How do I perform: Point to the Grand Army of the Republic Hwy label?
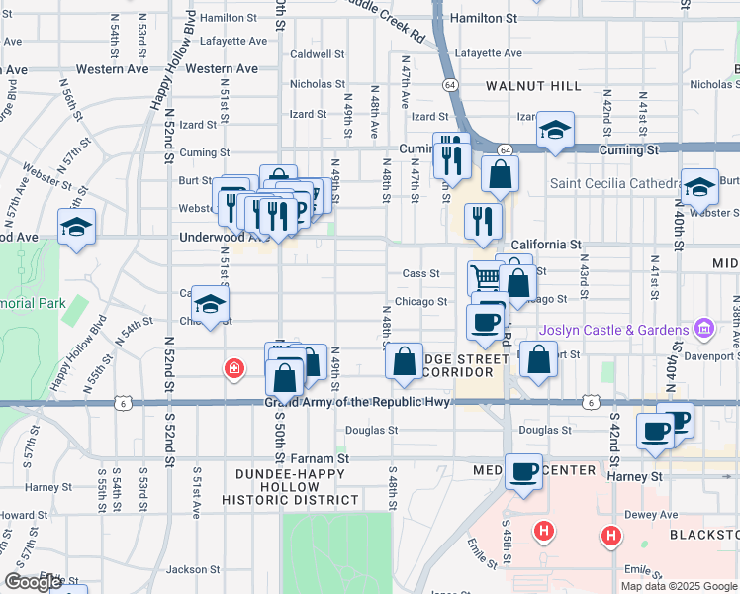tap(357, 402)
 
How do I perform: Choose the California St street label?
tap(544, 245)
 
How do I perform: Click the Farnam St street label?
tap(321, 458)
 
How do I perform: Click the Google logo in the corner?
tap(34, 581)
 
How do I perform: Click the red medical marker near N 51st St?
tap(233, 369)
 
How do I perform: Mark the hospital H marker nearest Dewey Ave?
tap(611, 538)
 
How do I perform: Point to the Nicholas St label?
tap(317, 85)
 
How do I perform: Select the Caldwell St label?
tap(317, 54)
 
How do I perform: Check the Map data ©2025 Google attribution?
tap(679, 585)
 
